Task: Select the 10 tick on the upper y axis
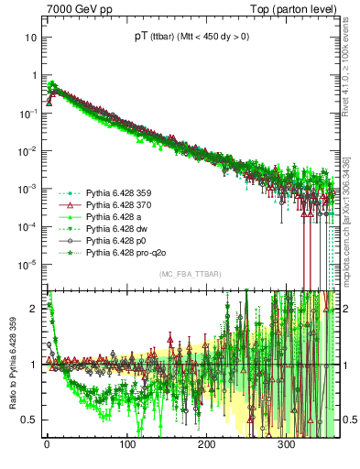tap(31, 38)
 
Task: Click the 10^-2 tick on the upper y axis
tap(27, 151)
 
